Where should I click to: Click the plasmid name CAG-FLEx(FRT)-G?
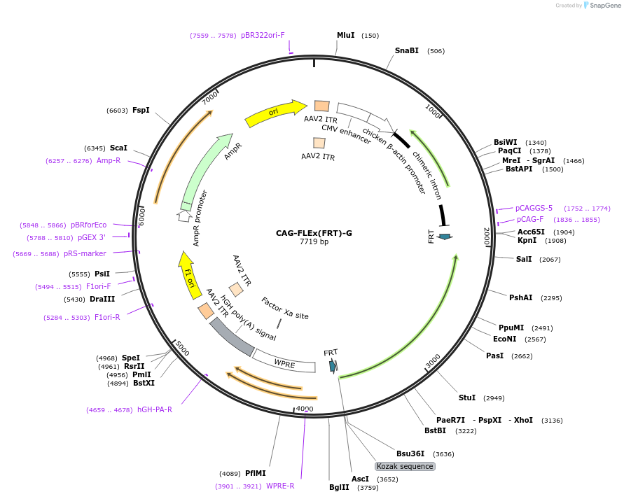tap(314, 233)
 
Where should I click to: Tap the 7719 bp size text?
tap(314, 242)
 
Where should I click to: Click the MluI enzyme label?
tap(346, 35)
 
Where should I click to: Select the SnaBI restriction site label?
tap(406, 50)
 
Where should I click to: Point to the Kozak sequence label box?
tap(405, 466)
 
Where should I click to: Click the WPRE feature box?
tap(284, 363)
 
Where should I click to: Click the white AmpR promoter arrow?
tap(185, 216)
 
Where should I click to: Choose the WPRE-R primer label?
tap(280, 486)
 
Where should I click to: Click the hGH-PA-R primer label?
tap(155, 409)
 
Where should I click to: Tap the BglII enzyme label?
tap(339, 487)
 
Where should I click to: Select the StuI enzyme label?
tap(467, 398)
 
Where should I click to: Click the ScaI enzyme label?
tap(118, 148)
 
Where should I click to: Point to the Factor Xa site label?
tap(285, 309)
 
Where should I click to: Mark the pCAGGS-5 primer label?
tap(534, 208)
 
